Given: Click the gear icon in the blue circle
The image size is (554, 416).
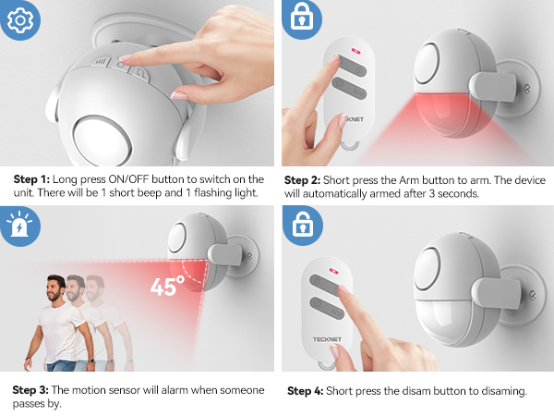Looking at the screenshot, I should point(18,18).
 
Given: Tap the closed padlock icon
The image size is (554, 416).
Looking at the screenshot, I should point(299,19).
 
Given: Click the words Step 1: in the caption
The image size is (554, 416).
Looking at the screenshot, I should point(33,178).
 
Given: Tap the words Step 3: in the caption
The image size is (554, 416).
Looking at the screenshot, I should point(34,389).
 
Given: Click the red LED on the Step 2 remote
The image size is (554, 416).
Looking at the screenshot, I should point(353,53).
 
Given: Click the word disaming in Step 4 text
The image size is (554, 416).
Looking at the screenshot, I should point(499,391).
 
